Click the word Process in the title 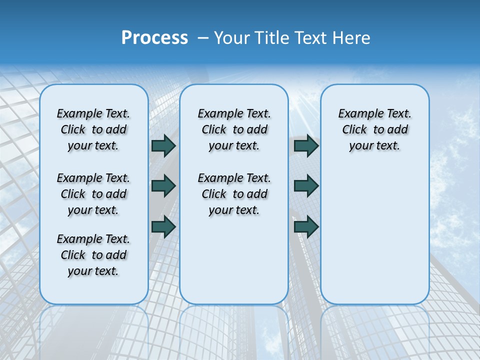[x=154, y=38]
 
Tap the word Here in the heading [x=352, y=38]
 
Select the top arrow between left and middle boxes [x=163, y=146]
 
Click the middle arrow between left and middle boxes [x=163, y=186]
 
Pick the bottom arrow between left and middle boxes [x=163, y=226]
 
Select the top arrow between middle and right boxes [x=306, y=146]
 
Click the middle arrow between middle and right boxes [x=306, y=186]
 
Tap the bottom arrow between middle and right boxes [x=306, y=226]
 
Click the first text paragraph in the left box [x=93, y=129]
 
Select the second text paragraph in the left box [x=93, y=194]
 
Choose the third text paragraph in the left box [x=93, y=255]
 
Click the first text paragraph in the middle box [x=234, y=129]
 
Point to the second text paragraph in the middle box [x=234, y=194]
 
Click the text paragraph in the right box [x=374, y=129]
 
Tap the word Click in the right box [x=354, y=130]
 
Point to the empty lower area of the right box [x=374, y=235]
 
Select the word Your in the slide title [x=231, y=38]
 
